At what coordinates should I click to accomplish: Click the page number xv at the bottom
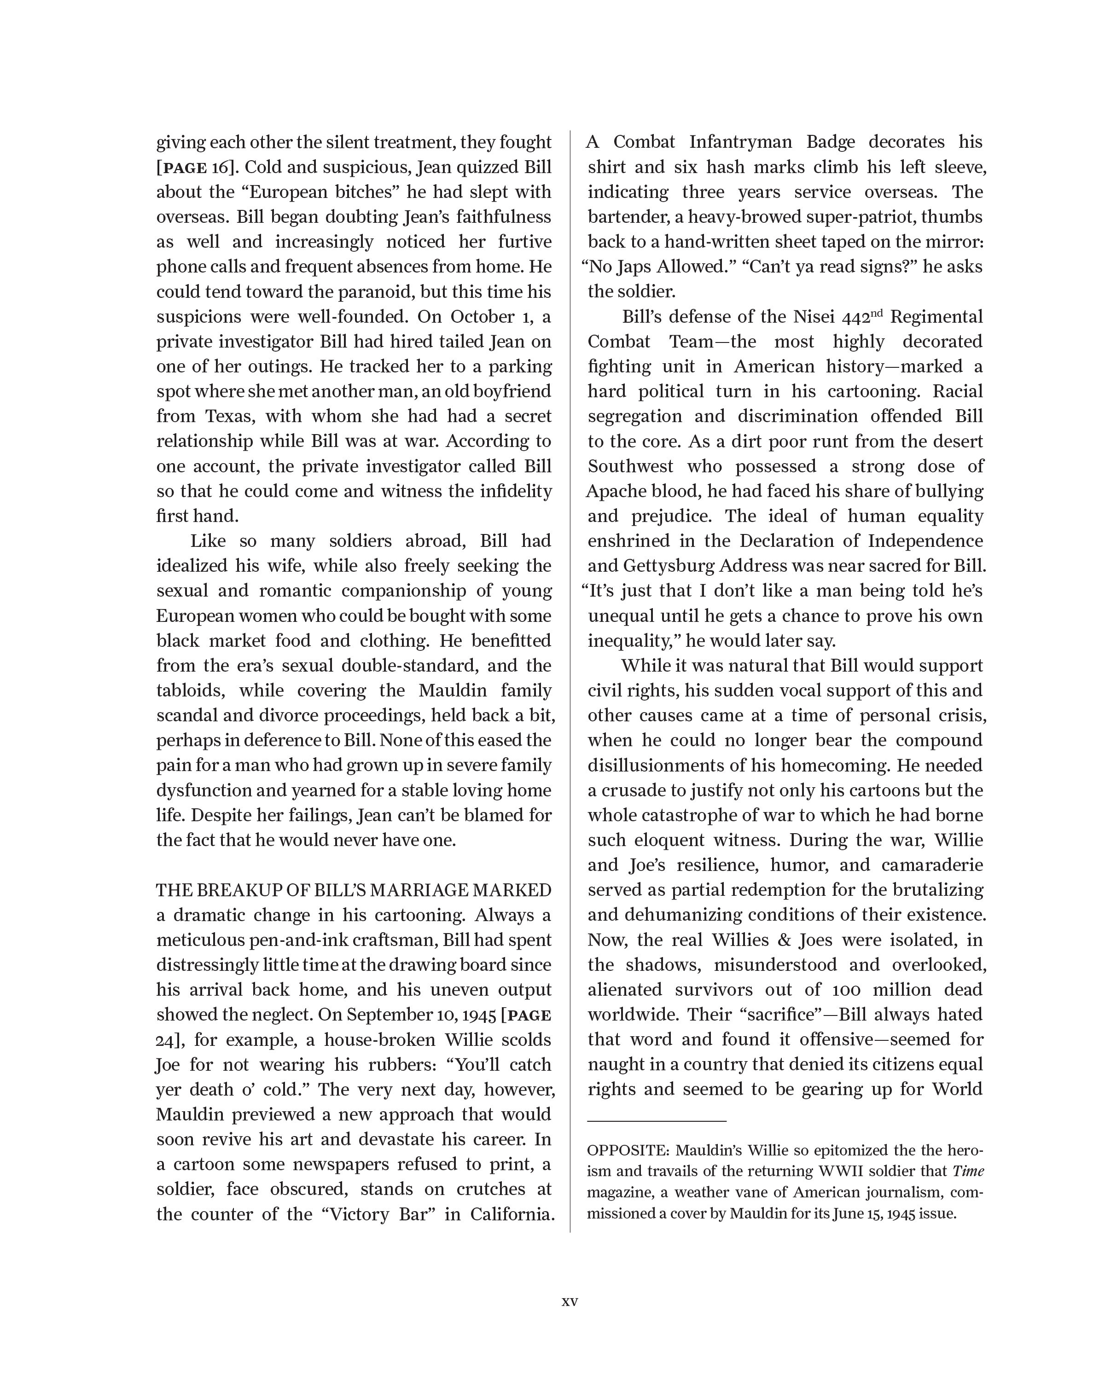[x=570, y=1301]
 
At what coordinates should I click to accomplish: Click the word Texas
[x=227, y=416]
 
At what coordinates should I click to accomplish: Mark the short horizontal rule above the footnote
[x=657, y=1121]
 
